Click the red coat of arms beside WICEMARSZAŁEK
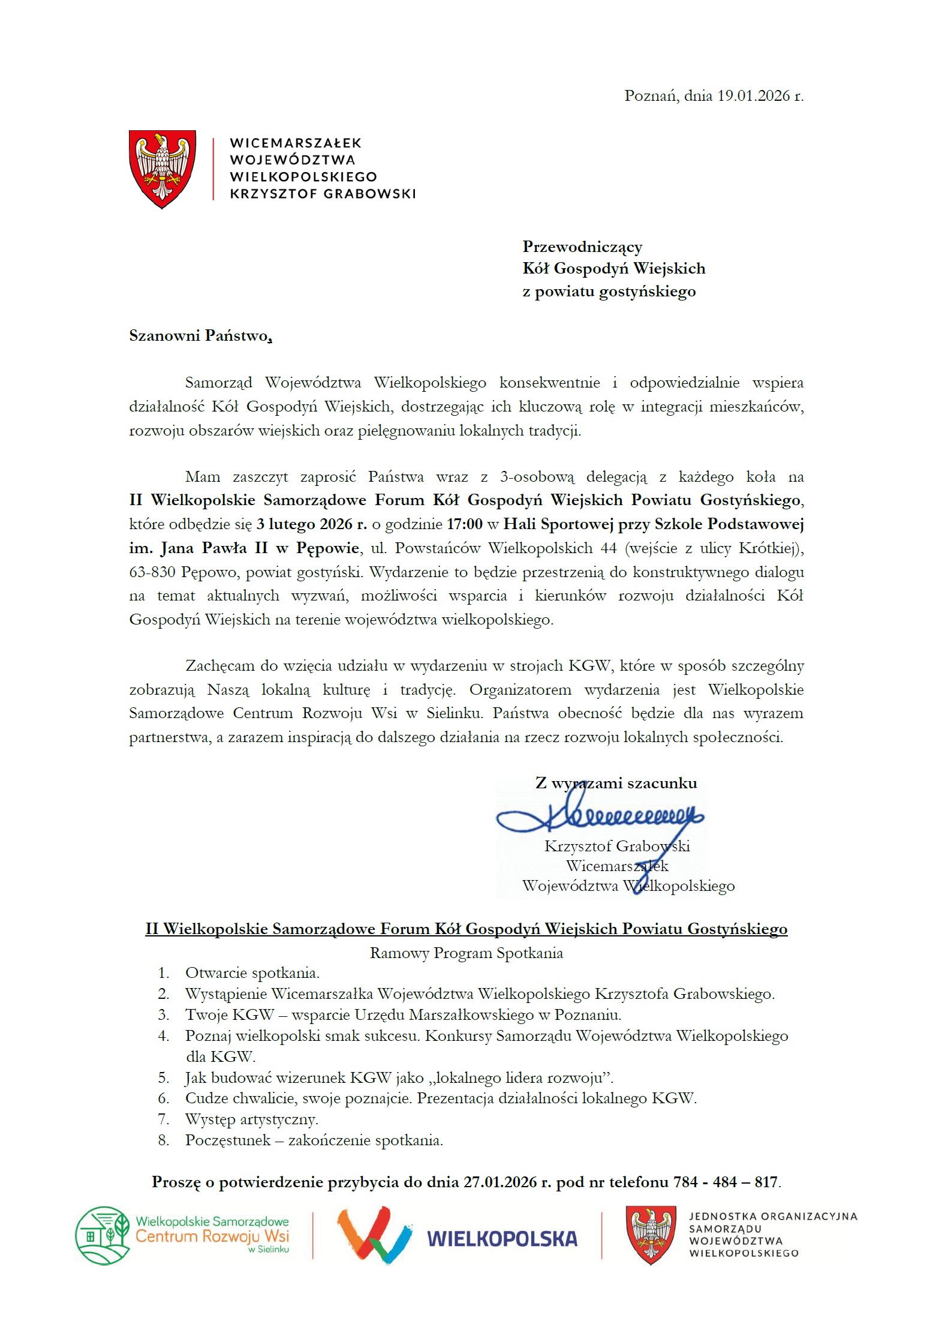point(162,169)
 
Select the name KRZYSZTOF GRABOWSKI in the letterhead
point(323,194)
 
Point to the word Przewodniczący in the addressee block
point(582,247)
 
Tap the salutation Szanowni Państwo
point(200,335)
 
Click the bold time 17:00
point(465,524)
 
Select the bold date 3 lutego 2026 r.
point(312,524)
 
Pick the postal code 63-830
point(152,572)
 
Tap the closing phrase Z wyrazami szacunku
point(616,783)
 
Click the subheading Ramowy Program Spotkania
point(466,953)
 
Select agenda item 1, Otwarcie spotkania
point(252,973)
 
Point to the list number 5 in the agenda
point(163,1078)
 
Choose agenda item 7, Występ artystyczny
point(252,1119)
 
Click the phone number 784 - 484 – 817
point(726,1182)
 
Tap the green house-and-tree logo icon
point(103,1236)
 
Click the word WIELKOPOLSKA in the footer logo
point(502,1239)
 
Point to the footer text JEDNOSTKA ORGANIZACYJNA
point(773,1217)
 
